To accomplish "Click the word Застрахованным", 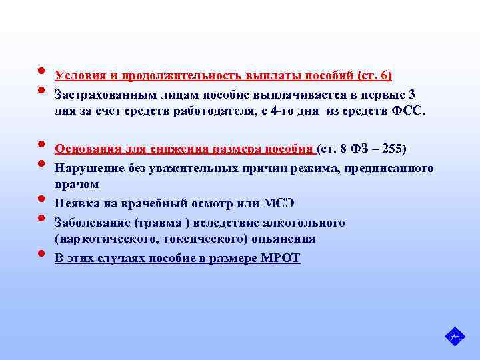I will click(105, 95).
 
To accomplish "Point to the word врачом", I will click(77, 184).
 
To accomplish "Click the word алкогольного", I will click(307, 222).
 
